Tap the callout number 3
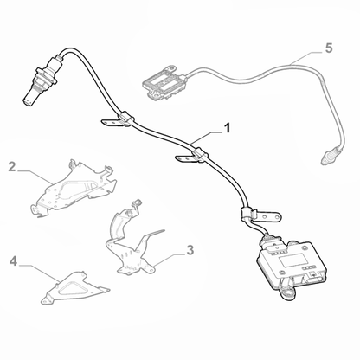tap(189, 251)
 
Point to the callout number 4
tap(14, 260)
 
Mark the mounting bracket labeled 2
tap(78, 193)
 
